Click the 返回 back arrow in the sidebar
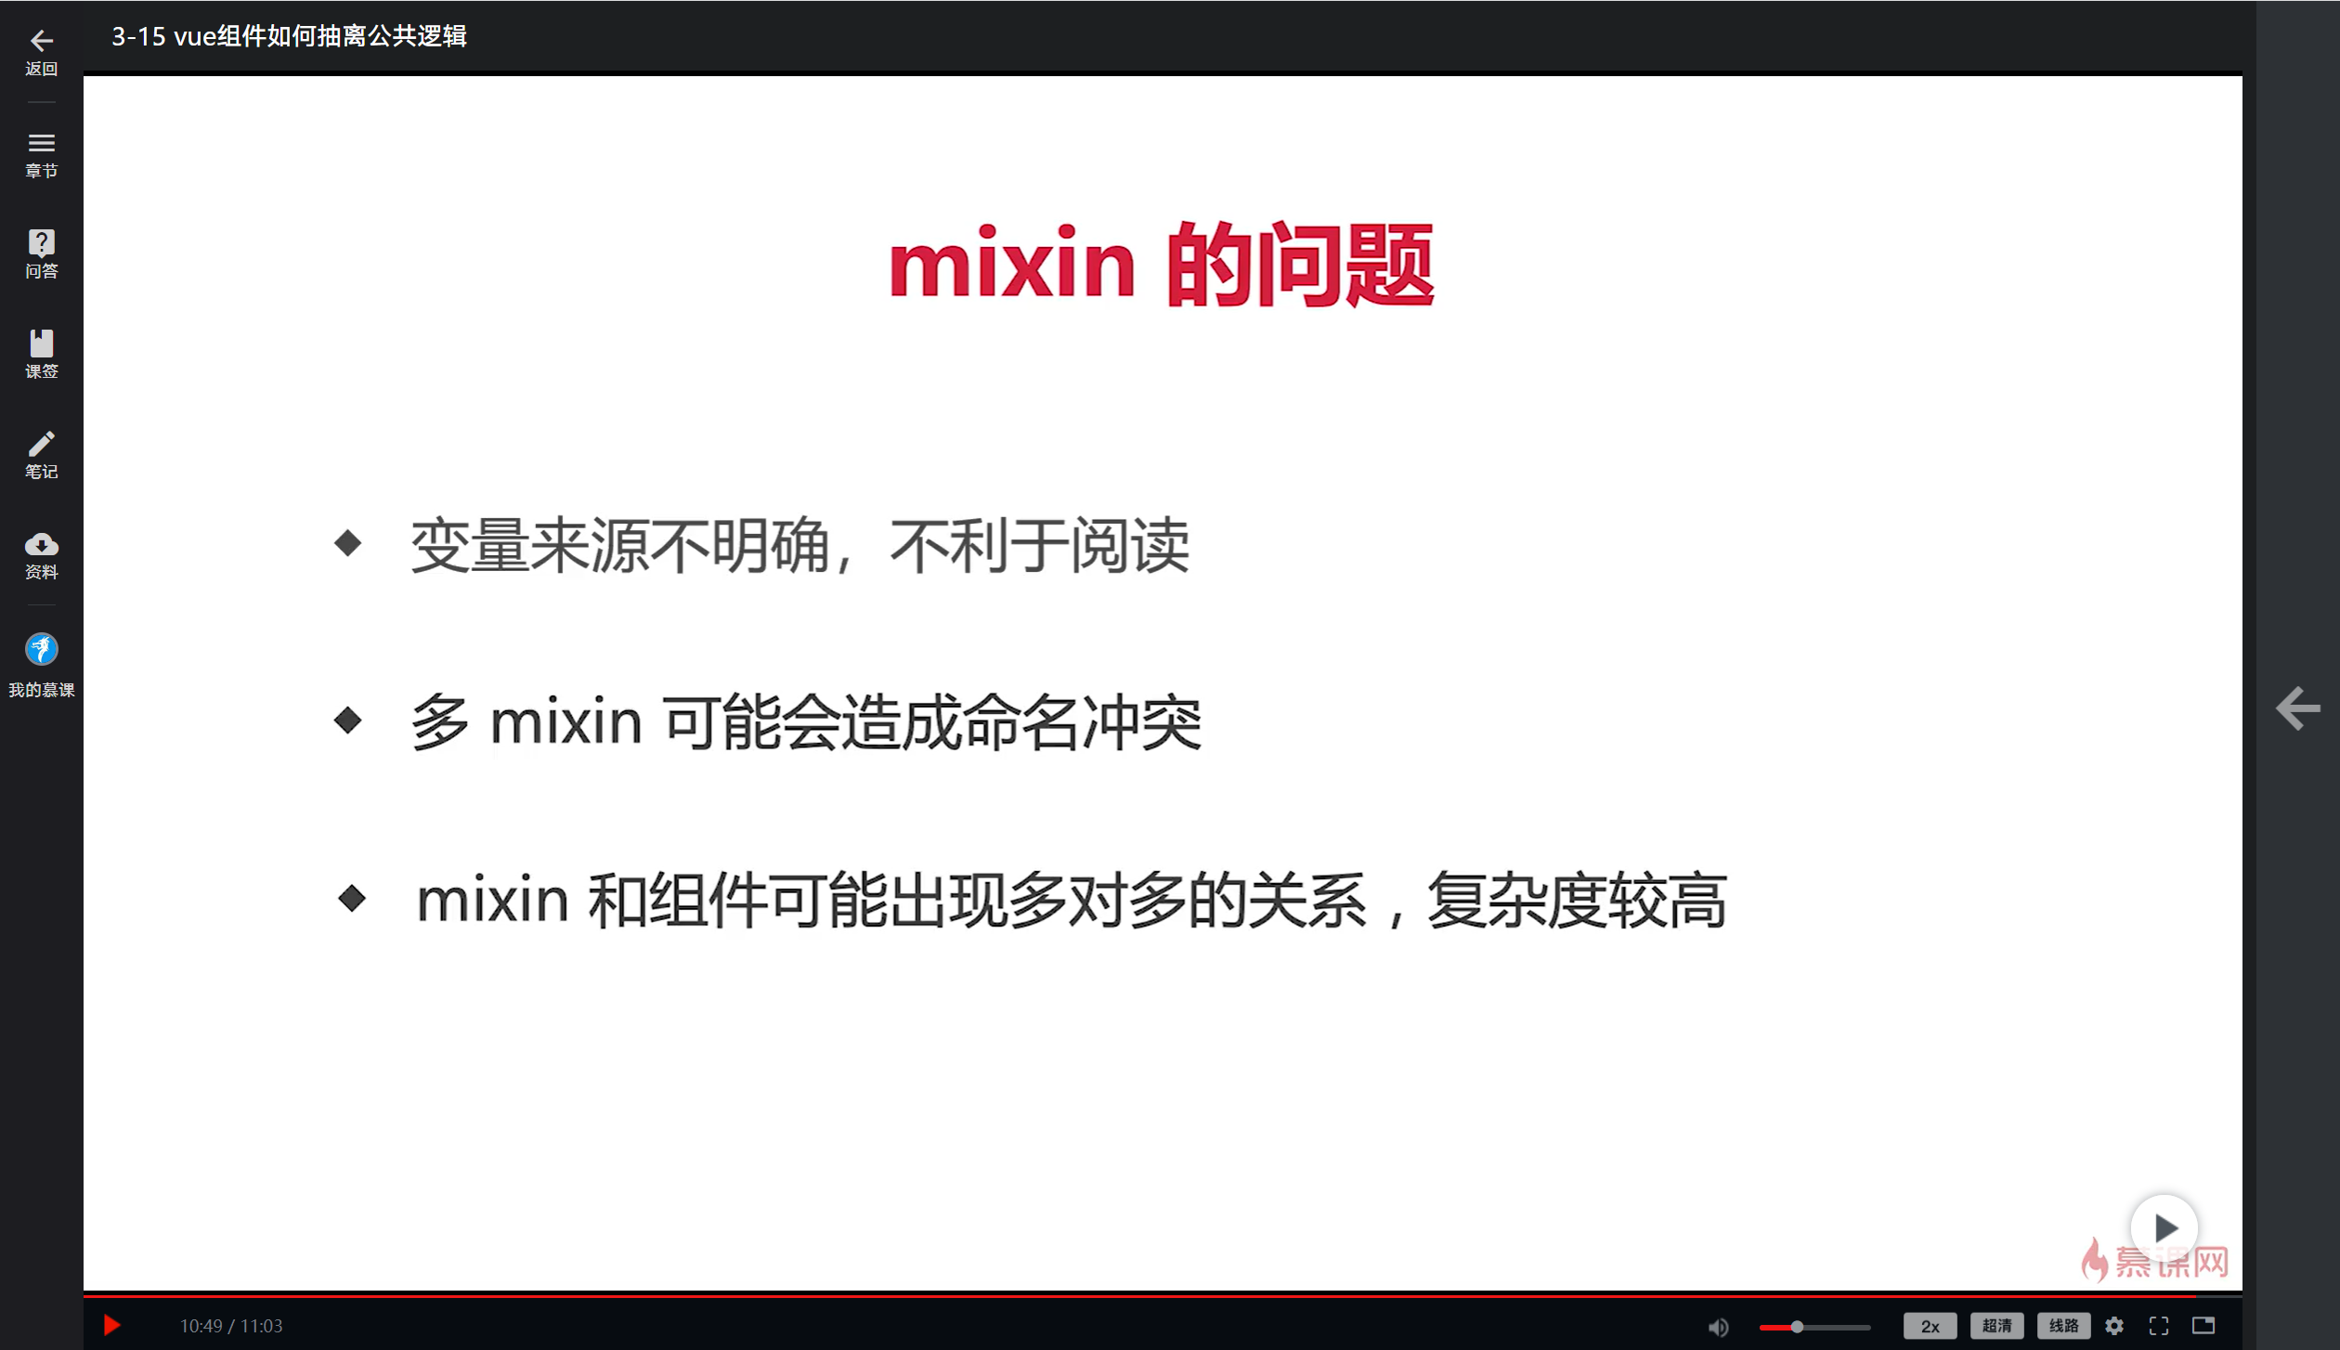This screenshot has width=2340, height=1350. [x=41, y=41]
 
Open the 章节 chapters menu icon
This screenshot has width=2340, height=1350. [x=41, y=144]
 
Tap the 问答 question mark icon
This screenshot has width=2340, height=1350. [x=41, y=243]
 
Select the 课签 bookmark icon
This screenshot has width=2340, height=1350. [x=41, y=344]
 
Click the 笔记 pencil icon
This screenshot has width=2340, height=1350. [x=41, y=444]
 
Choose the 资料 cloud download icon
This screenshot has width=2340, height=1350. [x=41, y=544]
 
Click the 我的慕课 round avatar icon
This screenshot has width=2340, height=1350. [x=41, y=649]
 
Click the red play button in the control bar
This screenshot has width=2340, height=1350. [x=111, y=1325]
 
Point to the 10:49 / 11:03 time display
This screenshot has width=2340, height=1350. [x=231, y=1326]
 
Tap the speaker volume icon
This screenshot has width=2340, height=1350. [x=1718, y=1327]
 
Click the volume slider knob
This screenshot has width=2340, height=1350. [x=1797, y=1327]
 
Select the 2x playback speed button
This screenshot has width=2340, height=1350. [x=1930, y=1326]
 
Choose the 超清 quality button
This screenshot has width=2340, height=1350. [x=1996, y=1326]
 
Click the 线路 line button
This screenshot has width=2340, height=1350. [x=2063, y=1326]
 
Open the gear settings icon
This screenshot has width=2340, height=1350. [x=2114, y=1326]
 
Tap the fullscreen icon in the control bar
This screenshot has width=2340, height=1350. [x=2159, y=1326]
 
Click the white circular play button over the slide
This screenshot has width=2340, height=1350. [x=2164, y=1227]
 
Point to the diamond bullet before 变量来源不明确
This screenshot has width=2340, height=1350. [x=348, y=543]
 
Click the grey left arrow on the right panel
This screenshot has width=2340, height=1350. [x=2297, y=708]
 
